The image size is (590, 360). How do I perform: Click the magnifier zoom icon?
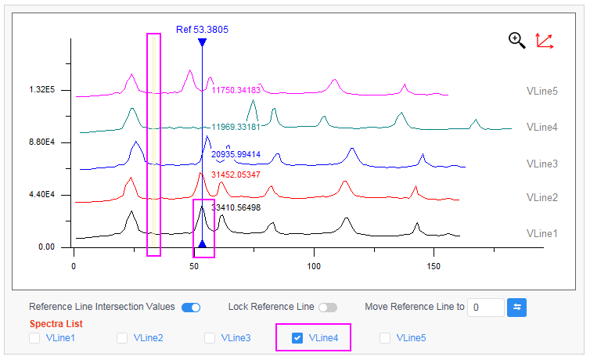(x=516, y=40)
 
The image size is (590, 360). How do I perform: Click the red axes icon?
(x=545, y=41)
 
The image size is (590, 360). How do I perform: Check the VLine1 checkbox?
(x=34, y=338)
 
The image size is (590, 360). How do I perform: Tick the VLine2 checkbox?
(x=122, y=338)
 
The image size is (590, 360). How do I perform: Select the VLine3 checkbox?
(x=210, y=338)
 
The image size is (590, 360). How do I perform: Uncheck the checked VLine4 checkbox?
(x=297, y=338)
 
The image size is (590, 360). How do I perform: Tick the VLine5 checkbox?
(x=385, y=338)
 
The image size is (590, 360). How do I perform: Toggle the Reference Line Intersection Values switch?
(x=191, y=307)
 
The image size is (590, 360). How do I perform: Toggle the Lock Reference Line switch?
(x=327, y=307)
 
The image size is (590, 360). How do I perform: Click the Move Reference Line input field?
(x=485, y=307)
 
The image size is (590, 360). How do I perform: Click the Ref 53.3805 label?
(x=202, y=30)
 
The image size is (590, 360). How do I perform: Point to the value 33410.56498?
(x=236, y=208)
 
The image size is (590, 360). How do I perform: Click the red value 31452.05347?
(x=236, y=175)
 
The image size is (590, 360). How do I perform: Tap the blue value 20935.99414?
(x=236, y=155)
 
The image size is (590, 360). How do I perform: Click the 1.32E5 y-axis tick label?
(x=43, y=90)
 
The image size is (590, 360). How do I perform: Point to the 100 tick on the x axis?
(x=315, y=266)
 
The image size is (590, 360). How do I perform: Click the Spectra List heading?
(x=56, y=323)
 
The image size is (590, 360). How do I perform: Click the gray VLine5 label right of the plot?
(x=541, y=91)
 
